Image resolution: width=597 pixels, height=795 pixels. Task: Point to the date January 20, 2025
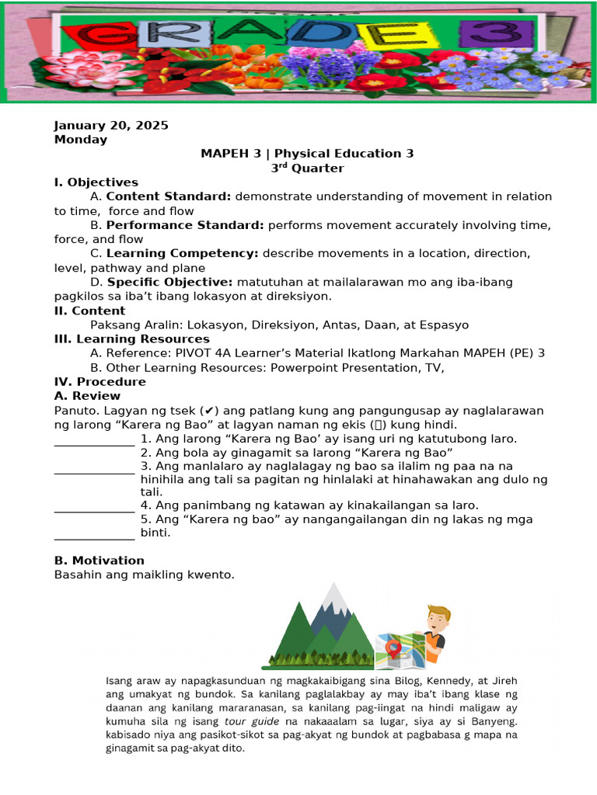click(x=111, y=126)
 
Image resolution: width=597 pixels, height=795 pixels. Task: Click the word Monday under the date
click(x=81, y=140)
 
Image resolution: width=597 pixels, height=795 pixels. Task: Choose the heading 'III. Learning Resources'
click(x=131, y=339)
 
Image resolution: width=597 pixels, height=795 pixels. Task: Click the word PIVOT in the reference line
click(x=198, y=353)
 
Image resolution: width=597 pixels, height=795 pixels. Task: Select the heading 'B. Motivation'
click(x=99, y=561)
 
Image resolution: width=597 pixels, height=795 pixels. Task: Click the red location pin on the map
click(x=394, y=646)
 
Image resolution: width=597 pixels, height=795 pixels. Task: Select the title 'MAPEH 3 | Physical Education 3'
click(x=307, y=154)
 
